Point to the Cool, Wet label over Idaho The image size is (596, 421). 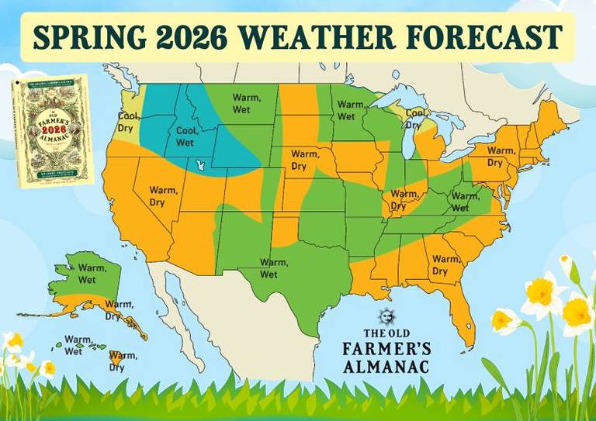pos(185,136)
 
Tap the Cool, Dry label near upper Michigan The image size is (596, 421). pos(416,119)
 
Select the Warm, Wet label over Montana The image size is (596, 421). pos(248,104)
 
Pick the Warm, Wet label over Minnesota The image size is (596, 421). pos(351,110)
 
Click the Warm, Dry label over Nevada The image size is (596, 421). pos(163,195)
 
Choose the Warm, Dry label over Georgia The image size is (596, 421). pos(445,264)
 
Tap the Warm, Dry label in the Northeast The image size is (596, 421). pos(500,156)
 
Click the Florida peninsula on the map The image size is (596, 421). pos(463,322)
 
